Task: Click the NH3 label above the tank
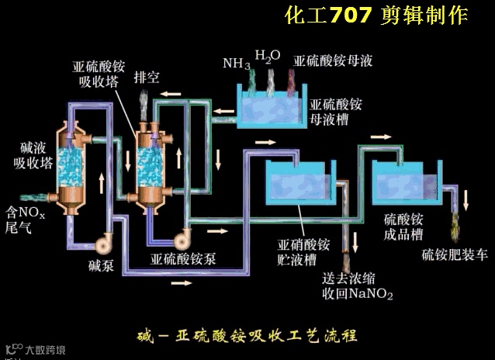(237, 63)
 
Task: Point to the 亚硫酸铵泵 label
(183, 258)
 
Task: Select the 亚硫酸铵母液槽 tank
(268, 108)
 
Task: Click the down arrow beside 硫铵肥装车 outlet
(466, 199)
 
